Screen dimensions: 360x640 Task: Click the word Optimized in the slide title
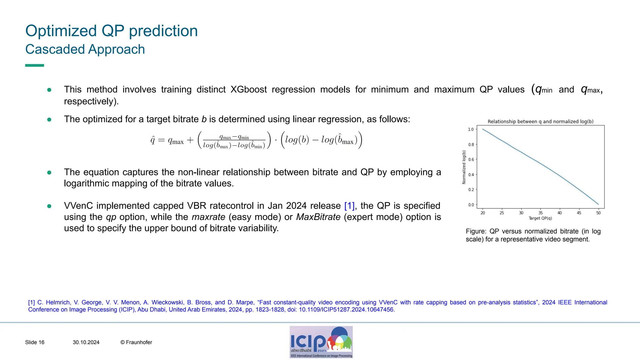(x=61, y=31)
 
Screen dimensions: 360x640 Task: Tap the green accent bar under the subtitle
(x=34, y=65)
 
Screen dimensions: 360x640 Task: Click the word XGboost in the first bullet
(x=248, y=90)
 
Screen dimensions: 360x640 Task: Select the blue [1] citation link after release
(x=349, y=206)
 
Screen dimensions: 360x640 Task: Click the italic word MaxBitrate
(x=318, y=217)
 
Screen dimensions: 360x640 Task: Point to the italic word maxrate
(x=208, y=217)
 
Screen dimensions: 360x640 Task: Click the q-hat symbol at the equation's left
(x=152, y=140)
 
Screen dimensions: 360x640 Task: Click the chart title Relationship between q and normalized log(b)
(x=540, y=122)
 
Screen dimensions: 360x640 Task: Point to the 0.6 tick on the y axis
(x=471, y=160)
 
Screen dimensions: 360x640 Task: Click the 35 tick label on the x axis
(x=540, y=213)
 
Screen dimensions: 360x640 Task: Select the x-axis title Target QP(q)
(x=540, y=218)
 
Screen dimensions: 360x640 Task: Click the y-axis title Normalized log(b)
(x=464, y=167)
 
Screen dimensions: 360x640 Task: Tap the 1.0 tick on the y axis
(x=471, y=129)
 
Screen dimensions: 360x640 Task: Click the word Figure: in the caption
(x=476, y=232)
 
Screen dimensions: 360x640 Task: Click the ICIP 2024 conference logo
(x=321, y=342)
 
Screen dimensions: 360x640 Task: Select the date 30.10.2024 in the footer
(x=86, y=342)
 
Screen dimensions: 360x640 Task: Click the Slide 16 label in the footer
(x=35, y=342)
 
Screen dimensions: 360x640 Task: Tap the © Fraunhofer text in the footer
(x=136, y=342)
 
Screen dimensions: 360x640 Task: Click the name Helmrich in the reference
(x=58, y=302)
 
